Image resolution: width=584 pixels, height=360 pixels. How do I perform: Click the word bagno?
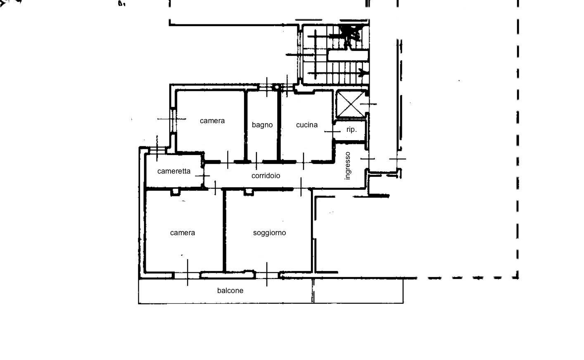pyautogui.click(x=262, y=125)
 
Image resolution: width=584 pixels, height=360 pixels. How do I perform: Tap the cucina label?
pyautogui.click(x=307, y=125)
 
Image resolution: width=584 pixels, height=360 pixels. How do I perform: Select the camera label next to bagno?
pyautogui.click(x=212, y=121)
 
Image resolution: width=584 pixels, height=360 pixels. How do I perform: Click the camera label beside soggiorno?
pyautogui.click(x=183, y=233)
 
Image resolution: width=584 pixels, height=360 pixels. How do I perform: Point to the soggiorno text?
pyautogui.click(x=269, y=233)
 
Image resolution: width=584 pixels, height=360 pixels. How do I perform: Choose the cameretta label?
pyautogui.click(x=174, y=171)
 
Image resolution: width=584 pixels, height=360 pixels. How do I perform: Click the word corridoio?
pyautogui.click(x=266, y=176)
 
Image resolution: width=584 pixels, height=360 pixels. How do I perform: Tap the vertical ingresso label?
pyautogui.click(x=348, y=166)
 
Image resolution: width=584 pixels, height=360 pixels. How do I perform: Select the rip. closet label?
pyautogui.click(x=351, y=129)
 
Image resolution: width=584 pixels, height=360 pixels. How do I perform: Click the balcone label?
pyautogui.click(x=230, y=291)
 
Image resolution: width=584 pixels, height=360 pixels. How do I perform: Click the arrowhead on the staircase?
pyautogui.click(x=363, y=74)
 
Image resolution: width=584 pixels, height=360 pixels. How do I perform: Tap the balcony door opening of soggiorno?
pyautogui.click(x=267, y=274)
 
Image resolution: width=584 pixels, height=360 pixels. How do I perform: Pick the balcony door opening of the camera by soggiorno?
pyautogui.click(x=187, y=274)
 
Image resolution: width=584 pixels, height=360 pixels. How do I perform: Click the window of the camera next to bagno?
pyautogui.click(x=173, y=120)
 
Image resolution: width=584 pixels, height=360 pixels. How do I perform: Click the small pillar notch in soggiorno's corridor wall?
pyautogui.click(x=248, y=192)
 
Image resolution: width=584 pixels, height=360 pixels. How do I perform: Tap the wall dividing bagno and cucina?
pyautogui.click(x=279, y=124)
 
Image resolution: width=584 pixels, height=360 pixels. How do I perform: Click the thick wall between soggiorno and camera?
pyautogui.click(x=225, y=231)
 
